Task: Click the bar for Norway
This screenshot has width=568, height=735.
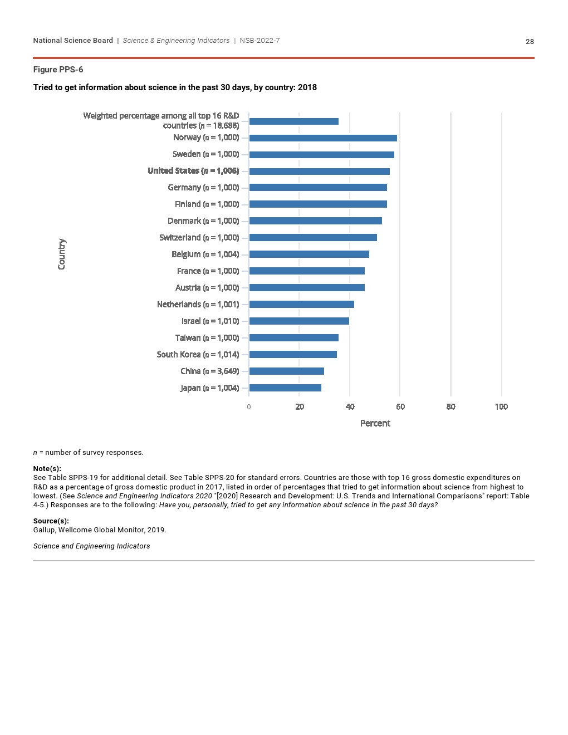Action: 323,138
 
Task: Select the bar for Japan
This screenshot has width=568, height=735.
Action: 285,388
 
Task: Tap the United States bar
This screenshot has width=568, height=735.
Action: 319,171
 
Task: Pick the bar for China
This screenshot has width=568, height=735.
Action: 286,371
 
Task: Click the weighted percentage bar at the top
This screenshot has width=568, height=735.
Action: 293,121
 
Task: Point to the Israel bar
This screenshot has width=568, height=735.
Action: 299,321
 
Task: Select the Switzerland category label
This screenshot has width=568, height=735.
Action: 199,238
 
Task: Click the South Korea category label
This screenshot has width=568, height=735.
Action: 198,355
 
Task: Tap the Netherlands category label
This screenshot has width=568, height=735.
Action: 198,305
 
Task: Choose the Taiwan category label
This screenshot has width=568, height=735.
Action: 207,338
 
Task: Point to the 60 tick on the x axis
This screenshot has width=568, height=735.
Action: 400,407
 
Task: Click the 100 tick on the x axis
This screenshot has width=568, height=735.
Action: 501,407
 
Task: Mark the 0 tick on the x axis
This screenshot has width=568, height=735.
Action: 249,407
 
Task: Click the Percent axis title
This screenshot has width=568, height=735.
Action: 375,423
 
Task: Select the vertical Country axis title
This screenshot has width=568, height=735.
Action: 62,254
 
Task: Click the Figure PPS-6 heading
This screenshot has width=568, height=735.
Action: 58,70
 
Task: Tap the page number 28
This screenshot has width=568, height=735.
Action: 530,42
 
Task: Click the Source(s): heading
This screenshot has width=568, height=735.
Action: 51,521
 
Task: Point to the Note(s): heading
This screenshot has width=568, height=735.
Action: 47,469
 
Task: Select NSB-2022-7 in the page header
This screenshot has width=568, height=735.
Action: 259,41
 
